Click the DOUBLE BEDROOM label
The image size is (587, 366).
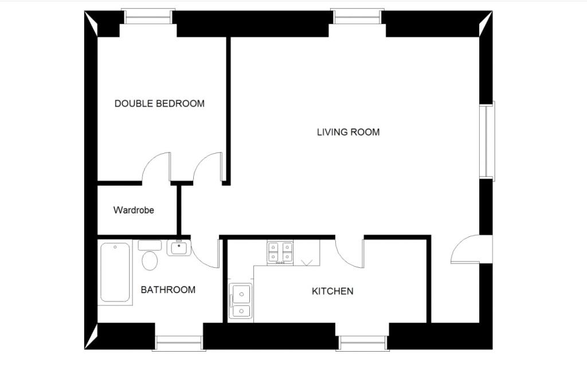pyautogui.click(x=159, y=104)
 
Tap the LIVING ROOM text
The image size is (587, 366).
pyautogui.click(x=348, y=133)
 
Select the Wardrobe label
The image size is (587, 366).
pyautogui.click(x=134, y=210)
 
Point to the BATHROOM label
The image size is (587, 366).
pyautogui.click(x=168, y=290)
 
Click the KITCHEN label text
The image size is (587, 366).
pyautogui.click(x=332, y=291)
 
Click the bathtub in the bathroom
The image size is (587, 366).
pyautogui.click(x=115, y=272)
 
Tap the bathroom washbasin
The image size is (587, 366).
pyautogui.click(x=179, y=248)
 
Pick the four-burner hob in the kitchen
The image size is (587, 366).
pyautogui.click(x=280, y=252)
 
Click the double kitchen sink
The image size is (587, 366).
pyautogui.click(x=240, y=301)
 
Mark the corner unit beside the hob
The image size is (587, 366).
pyautogui.click(x=307, y=252)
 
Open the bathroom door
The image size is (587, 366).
pyautogui.click(x=205, y=254)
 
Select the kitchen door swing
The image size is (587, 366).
pyautogui.click(x=349, y=253)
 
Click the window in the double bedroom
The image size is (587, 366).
pyautogui.click(x=148, y=17)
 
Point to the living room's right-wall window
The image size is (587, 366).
pyautogui.click(x=487, y=141)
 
